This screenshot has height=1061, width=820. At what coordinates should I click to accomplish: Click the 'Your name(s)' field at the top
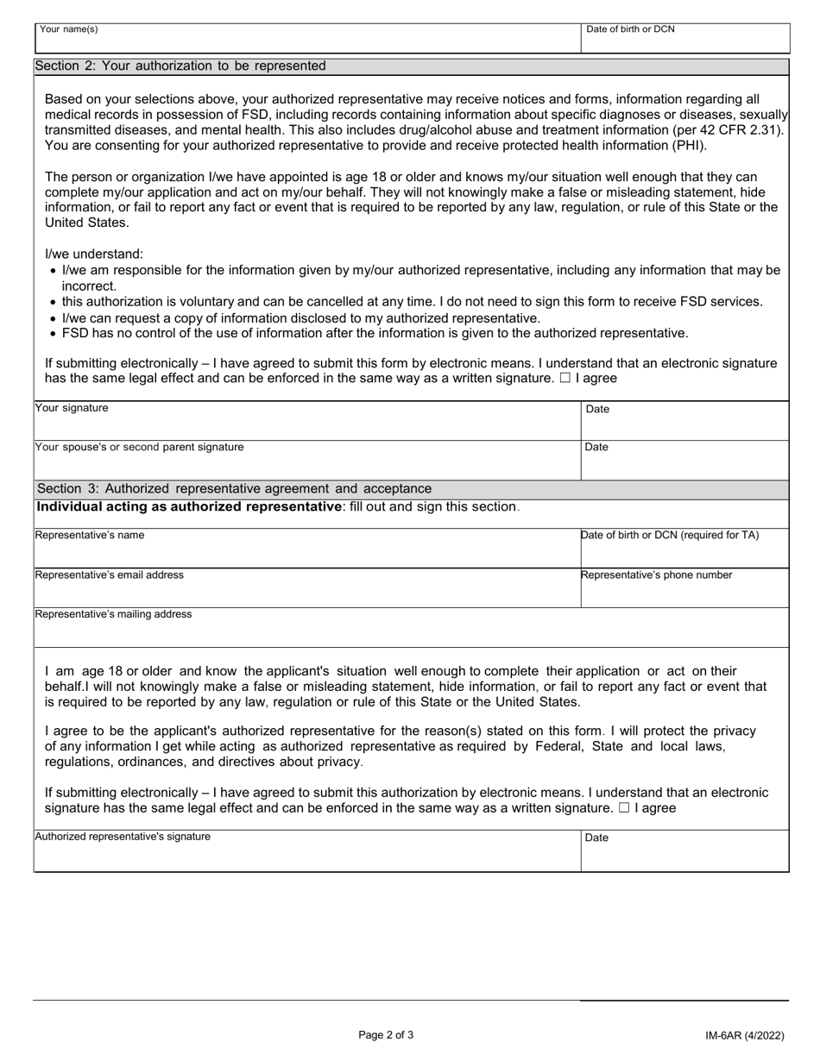(306, 40)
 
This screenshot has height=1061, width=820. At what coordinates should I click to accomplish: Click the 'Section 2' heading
(181, 66)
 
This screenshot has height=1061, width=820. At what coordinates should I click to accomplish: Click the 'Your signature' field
(306, 422)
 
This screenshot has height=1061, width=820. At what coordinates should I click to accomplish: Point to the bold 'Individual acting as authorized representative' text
(188, 506)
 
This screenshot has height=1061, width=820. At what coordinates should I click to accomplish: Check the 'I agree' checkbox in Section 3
(624, 808)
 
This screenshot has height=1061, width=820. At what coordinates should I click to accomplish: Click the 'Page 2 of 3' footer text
(386, 1035)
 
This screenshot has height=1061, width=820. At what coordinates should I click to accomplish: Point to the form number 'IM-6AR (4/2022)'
(743, 1036)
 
